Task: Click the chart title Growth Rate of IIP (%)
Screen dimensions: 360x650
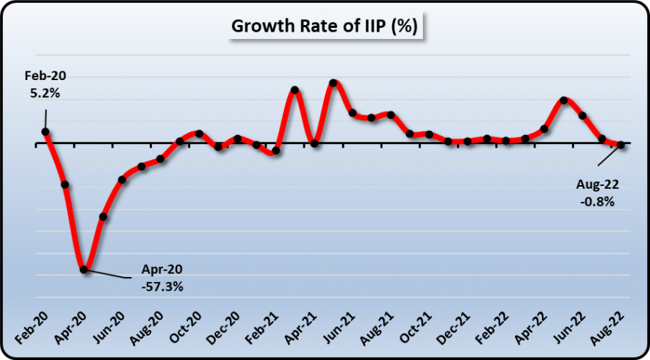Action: pos(325,26)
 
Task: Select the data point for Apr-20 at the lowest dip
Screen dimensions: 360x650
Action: pos(84,270)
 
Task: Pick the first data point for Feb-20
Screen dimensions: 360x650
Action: pos(46,132)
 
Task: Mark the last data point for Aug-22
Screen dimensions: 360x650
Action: pos(621,145)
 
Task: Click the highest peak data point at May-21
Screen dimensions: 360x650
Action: pos(333,83)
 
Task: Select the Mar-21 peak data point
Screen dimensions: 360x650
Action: pos(295,90)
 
